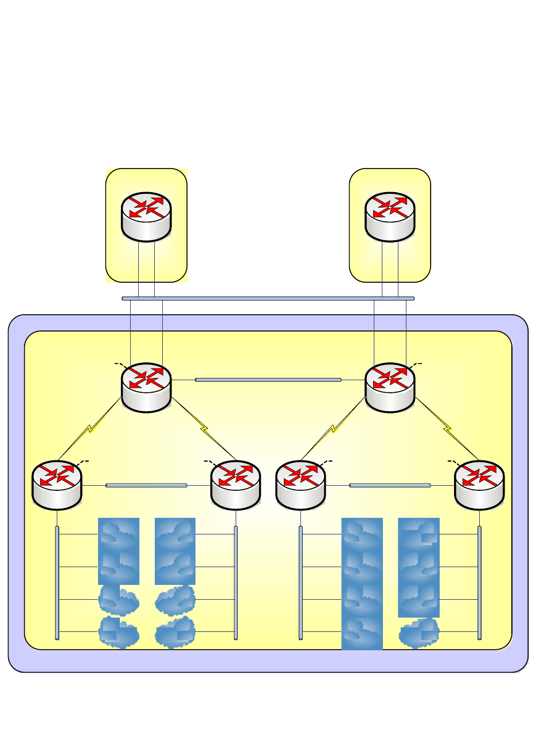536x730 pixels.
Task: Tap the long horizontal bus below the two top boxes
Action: [268, 298]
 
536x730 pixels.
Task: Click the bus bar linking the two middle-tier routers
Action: [268, 380]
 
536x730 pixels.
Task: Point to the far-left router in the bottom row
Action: [57, 485]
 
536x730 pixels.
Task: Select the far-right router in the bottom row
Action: [479, 485]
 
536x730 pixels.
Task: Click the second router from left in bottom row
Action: [236, 485]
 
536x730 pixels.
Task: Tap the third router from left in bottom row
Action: [300, 485]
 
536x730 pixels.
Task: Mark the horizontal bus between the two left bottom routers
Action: [146, 486]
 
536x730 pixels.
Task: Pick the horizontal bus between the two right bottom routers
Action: [390, 486]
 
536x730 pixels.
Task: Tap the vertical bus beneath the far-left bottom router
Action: [57, 582]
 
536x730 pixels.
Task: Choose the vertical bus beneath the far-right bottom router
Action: [479, 582]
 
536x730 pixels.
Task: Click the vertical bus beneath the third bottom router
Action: [300, 582]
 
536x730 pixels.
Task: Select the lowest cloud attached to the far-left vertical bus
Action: [119, 633]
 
